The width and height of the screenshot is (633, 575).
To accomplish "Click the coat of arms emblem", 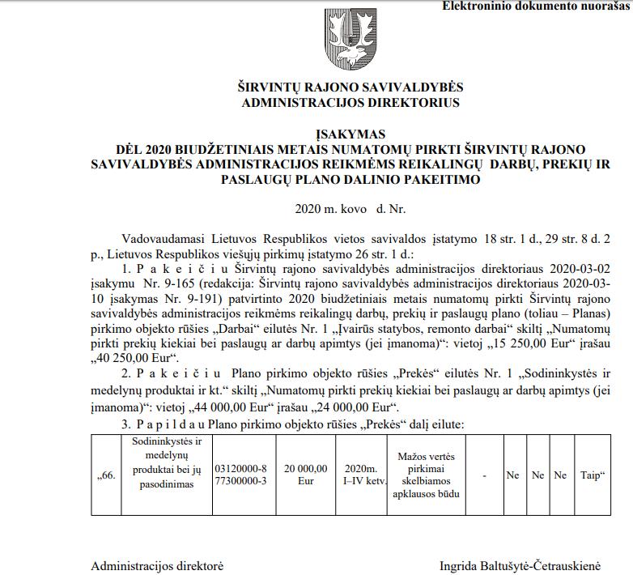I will (350, 41).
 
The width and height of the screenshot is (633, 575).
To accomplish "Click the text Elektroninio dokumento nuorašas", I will (535, 6).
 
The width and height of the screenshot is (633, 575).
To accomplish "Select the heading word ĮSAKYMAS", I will (350, 134).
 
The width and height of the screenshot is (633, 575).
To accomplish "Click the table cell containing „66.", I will (106, 475).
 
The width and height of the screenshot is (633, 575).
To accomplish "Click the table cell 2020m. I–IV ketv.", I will (360, 475).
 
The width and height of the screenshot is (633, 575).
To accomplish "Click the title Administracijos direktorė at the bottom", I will (157, 564).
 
